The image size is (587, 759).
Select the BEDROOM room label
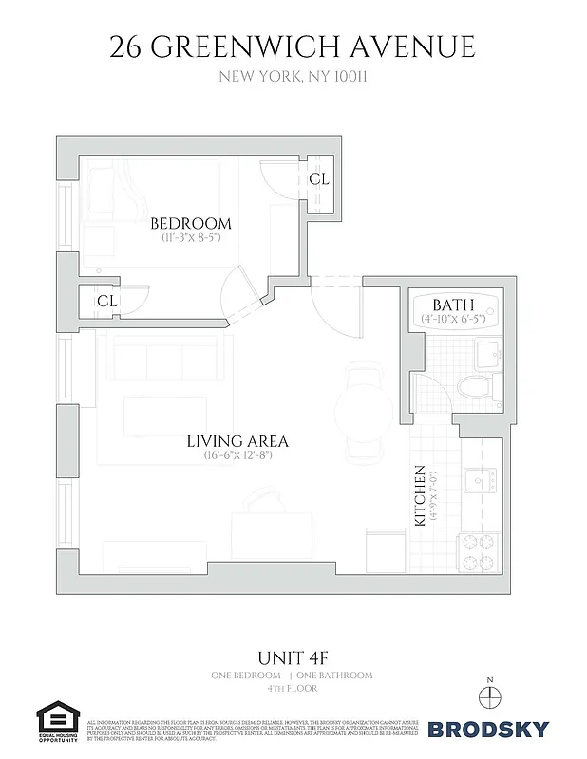191,224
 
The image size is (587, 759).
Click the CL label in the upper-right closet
319,178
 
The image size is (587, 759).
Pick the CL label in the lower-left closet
106,301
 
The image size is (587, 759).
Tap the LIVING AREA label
237,441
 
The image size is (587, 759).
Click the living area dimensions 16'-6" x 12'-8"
237,455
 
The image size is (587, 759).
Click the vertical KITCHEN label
417,495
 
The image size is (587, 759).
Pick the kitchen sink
478,477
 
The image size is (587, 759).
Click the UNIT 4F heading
293,657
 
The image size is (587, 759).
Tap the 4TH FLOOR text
293,688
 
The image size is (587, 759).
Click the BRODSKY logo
487,730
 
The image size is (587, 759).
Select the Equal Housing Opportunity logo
57,726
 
